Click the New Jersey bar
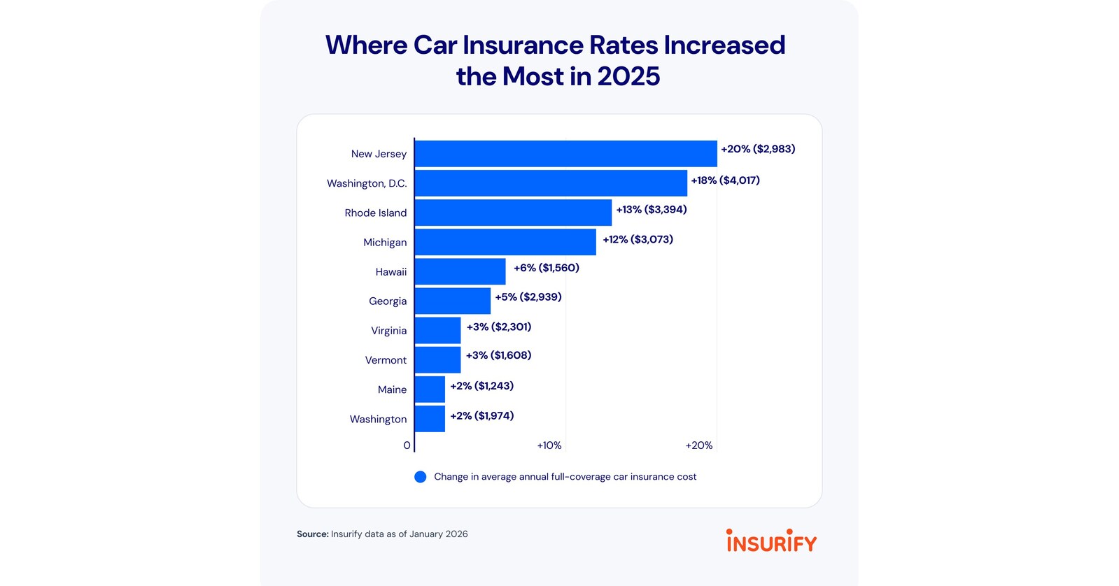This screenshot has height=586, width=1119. [566, 154]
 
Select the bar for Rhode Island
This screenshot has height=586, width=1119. [514, 213]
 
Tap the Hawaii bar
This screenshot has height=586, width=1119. [460, 271]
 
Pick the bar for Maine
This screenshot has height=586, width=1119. [430, 390]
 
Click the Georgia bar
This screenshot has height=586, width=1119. [453, 301]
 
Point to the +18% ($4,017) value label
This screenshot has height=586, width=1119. [725, 180]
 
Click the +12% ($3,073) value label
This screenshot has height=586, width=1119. [638, 240]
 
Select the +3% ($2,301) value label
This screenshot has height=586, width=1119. [499, 327]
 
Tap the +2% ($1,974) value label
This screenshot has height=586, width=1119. [482, 416]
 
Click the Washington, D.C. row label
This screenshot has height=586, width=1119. [367, 184]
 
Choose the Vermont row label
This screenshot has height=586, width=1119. [386, 360]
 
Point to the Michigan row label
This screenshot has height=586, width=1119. [385, 243]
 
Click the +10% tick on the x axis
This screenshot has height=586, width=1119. [549, 445]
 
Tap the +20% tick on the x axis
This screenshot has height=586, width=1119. [699, 445]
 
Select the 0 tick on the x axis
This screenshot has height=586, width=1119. [407, 445]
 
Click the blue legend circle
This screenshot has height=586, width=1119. [421, 477]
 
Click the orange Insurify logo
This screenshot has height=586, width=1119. [771, 540]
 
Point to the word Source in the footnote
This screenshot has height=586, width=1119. [313, 534]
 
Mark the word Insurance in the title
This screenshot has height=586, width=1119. [523, 45]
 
